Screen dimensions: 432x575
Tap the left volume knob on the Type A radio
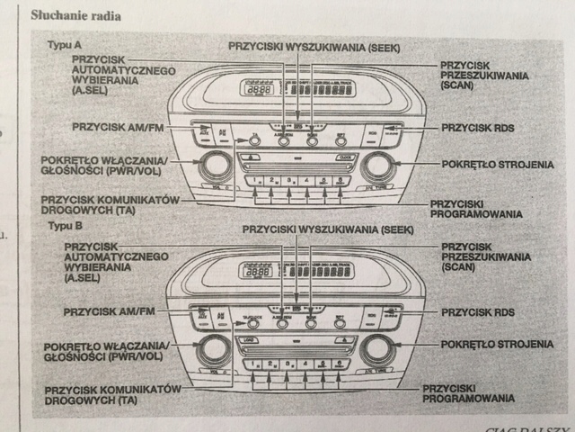pos(215,165)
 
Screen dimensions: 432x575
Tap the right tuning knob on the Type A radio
pos(378,165)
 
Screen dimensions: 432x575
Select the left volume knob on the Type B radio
pos(213,350)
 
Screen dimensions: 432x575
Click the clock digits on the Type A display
pos(259,91)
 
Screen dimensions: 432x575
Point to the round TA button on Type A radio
pos(255,139)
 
